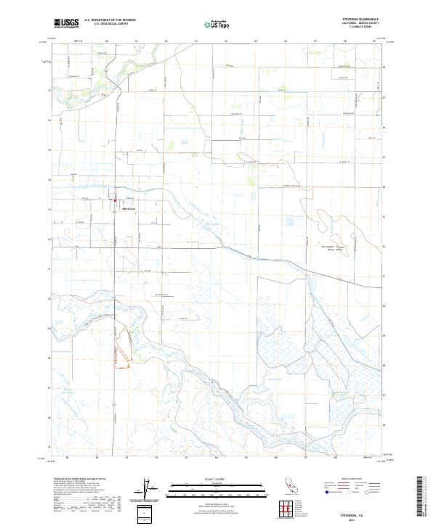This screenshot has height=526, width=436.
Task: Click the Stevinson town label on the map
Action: [130, 210]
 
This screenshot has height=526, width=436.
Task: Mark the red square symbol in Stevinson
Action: [115, 201]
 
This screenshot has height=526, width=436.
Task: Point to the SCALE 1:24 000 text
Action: [217, 479]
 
